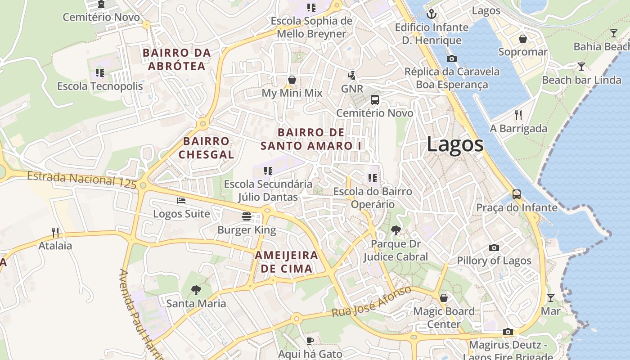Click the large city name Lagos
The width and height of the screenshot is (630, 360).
[455, 144]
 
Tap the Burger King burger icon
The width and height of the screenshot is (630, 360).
[246, 216]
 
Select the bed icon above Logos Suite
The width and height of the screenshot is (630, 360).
[181, 200]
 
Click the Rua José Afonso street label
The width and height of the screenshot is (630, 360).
[371, 301]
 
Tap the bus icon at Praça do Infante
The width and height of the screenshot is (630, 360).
[517, 194]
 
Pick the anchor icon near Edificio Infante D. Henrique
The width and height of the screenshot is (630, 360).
[432, 14]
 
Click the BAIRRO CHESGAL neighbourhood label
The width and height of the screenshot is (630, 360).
[207, 148]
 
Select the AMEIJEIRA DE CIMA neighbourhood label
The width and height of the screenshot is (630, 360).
[286, 262]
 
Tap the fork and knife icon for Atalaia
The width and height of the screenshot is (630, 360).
[55, 232]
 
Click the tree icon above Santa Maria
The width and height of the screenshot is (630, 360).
[196, 290]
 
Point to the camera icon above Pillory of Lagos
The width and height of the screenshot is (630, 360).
[494, 247]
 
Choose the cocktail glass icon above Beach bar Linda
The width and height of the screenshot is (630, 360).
[581, 67]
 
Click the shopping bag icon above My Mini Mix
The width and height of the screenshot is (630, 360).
[292, 80]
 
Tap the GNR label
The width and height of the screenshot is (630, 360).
[352, 89]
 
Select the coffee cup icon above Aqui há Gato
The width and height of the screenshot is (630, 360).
[310, 341]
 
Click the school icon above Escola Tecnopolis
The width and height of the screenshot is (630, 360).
[100, 72]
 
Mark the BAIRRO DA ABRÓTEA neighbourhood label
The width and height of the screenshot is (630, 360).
[177, 59]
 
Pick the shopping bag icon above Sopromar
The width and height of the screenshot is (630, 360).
[523, 39]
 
